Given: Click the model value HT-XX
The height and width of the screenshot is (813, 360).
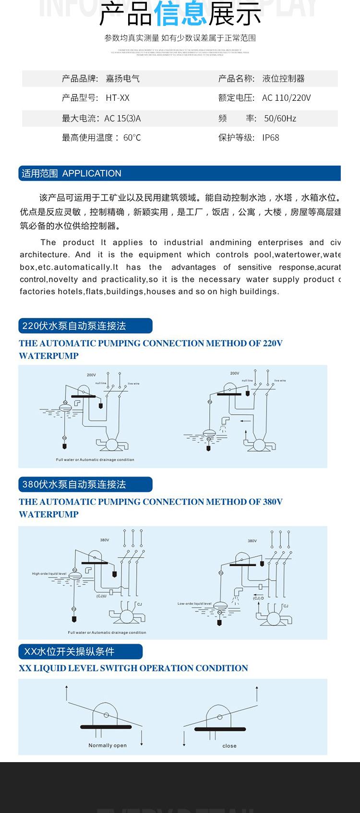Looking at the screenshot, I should pos(118,98).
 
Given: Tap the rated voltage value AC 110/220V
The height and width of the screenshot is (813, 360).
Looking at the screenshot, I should pos(287,98).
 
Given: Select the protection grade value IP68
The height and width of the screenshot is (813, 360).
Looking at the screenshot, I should pos(271,138).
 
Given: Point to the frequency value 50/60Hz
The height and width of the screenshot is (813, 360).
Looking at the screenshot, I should pos(280,118).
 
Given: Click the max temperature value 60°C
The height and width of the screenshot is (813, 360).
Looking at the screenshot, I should pos(132,138).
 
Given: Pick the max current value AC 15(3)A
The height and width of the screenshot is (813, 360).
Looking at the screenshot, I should pos(122,118).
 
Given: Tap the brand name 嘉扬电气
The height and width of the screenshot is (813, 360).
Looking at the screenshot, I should pos(122,79).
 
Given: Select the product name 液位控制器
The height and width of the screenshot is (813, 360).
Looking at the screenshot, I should pos(283,79).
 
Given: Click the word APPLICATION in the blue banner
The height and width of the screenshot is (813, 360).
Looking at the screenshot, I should pos(92,173).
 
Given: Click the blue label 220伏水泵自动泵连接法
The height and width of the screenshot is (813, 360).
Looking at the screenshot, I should pos(74,326).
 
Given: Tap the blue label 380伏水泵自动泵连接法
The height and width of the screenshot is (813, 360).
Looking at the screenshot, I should pos(74,484).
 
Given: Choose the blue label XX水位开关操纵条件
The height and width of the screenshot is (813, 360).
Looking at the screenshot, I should pos(69,651).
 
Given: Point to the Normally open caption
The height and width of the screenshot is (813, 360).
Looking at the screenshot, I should pos(108,745).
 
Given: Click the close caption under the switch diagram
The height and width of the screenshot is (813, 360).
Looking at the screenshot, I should pos(229,746).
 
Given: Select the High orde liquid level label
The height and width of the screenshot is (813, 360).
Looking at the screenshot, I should pos(49,574).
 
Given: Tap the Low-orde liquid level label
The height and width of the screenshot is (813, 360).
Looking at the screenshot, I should pos(194,604).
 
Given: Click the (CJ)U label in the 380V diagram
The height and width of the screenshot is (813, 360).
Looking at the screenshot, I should pos(101,596).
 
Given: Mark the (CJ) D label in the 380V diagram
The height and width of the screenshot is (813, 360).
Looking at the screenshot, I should pos(259,598).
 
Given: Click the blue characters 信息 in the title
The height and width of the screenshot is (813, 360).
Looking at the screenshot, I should pos(180,14).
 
